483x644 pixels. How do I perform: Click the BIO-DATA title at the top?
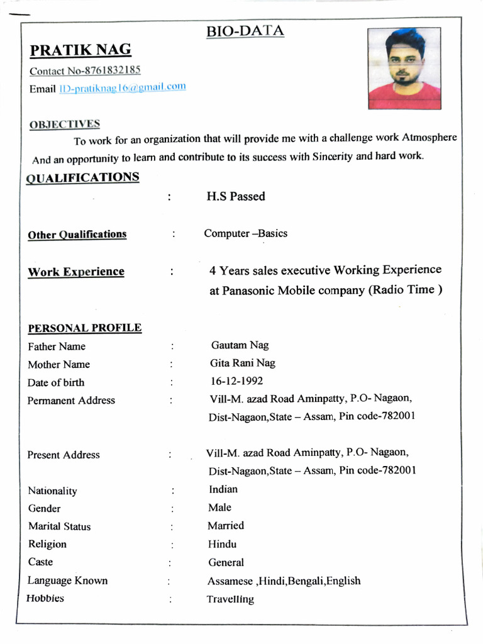[x=245, y=31]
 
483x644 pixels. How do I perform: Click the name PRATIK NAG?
[x=80, y=50]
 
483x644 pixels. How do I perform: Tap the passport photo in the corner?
[x=404, y=69]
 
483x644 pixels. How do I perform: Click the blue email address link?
[x=123, y=88]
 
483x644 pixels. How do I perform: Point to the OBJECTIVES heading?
[x=64, y=125]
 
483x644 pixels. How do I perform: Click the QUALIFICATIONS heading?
[x=82, y=178]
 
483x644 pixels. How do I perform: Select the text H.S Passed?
[x=236, y=196]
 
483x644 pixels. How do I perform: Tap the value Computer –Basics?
[x=245, y=233]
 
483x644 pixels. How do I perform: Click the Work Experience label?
[x=76, y=272]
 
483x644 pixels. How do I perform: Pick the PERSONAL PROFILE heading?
[x=84, y=328]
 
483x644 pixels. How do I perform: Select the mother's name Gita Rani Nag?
[x=242, y=363]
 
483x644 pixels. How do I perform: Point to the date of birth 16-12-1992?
[x=236, y=381]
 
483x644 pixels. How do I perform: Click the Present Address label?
[x=64, y=455]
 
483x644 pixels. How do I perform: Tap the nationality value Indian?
[x=223, y=489]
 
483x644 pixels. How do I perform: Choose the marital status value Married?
[x=226, y=526]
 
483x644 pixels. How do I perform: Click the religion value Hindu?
[x=223, y=544]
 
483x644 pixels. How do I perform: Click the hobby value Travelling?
[x=230, y=599]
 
